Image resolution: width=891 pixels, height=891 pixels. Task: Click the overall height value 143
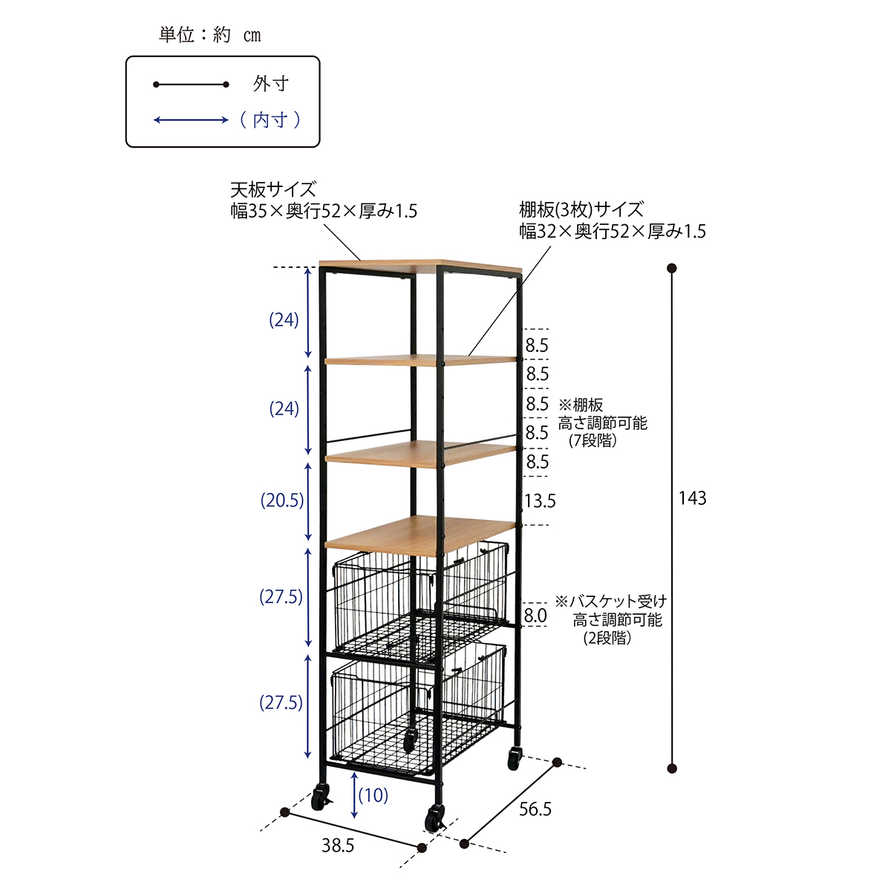[x=692, y=498]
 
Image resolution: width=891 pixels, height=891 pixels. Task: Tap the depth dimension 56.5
[x=535, y=809]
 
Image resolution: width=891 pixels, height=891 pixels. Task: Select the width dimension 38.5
[x=338, y=846]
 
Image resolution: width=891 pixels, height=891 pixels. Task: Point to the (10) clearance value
[x=373, y=795]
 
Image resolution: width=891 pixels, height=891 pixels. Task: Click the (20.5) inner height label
[x=282, y=500]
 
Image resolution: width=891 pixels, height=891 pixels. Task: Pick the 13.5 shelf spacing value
[x=540, y=500]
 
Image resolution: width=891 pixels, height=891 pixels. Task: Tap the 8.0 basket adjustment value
[x=535, y=616]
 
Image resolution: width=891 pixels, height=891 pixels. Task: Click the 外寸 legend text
[x=271, y=84]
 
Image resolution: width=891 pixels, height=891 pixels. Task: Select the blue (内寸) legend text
[x=270, y=120]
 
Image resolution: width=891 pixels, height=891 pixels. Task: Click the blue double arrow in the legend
[x=191, y=120]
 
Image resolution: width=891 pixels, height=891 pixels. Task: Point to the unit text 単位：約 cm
[x=210, y=35]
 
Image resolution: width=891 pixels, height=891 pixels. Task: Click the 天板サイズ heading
[x=273, y=189]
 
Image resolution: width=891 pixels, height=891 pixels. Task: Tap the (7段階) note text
[x=593, y=440]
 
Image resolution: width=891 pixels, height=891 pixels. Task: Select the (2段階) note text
[x=607, y=638]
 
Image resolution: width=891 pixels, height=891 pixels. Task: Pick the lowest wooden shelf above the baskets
[x=420, y=535]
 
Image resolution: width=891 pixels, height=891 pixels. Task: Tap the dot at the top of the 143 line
[x=672, y=268]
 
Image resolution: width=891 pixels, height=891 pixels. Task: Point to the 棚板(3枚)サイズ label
[x=581, y=210]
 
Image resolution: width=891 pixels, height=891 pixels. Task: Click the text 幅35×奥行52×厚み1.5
[x=324, y=212]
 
